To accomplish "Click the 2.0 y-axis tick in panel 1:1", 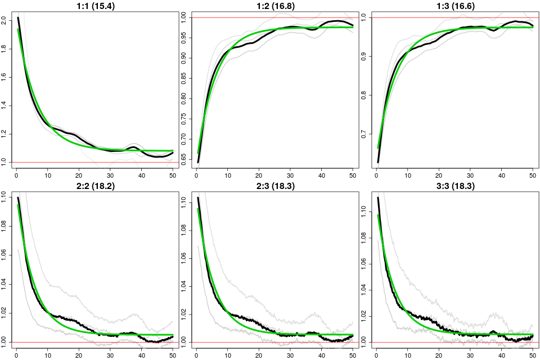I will (5, 21).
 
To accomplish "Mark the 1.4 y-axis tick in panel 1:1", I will (5, 106).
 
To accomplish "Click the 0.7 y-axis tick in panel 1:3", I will (365, 134).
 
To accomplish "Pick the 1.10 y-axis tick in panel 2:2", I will (5, 196).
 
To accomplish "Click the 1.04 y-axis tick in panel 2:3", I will (185, 283).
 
